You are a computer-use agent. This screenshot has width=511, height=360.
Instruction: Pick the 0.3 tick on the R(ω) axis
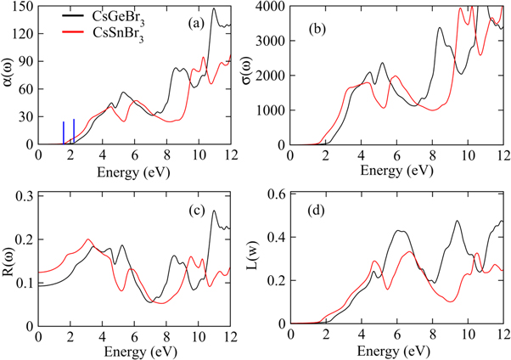click(x=24, y=196)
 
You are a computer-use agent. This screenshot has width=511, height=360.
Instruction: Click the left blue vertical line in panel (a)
click(x=64, y=133)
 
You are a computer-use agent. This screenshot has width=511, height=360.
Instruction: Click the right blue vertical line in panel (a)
click(x=74, y=132)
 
